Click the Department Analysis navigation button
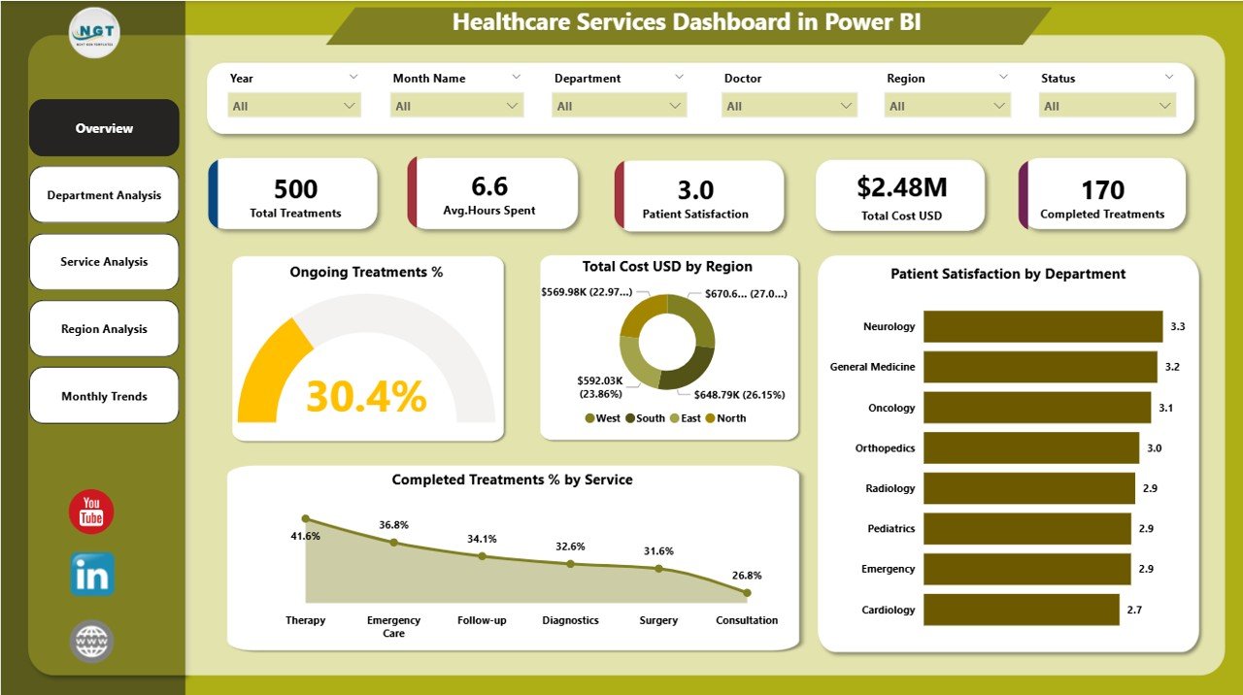104,195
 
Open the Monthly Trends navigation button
104,396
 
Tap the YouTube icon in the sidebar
91,512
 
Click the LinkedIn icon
92,575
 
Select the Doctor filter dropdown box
789,106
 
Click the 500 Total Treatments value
295,188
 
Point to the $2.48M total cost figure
902,187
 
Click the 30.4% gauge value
366,396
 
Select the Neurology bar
1042,327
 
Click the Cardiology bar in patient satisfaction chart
1021,610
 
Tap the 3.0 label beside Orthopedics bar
1154,448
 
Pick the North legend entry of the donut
730,418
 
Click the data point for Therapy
305,519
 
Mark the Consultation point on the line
746,592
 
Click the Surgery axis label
658,620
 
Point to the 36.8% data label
393,525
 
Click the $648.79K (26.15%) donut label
739,395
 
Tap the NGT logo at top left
94,33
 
